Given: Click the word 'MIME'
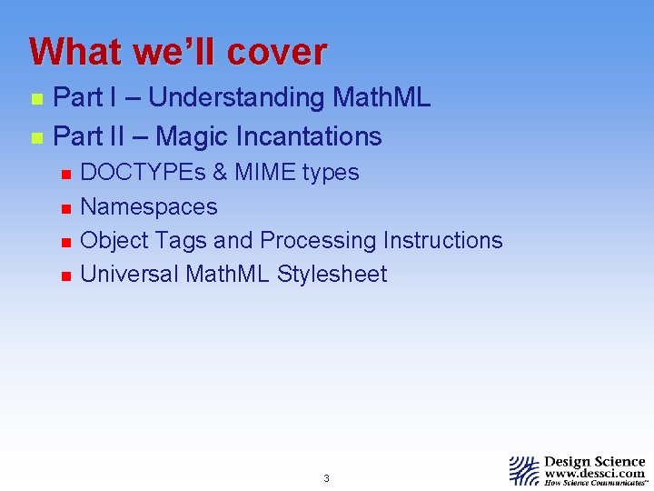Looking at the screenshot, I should pyautogui.click(x=264, y=173).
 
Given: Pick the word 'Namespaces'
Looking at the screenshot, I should pyautogui.click(x=149, y=207).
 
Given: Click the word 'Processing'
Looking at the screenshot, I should pyautogui.click(x=318, y=241).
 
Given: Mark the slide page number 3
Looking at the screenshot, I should pyautogui.click(x=326, y=478).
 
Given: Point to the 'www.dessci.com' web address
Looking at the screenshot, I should pyautogui.click(x=595, y=473).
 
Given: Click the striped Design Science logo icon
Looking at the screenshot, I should pyautogui.click(x=523, y=471).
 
